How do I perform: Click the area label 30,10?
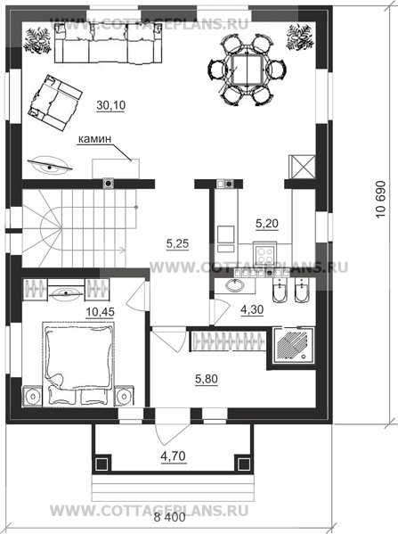111,105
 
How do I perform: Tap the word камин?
95,139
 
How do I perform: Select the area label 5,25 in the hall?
177,243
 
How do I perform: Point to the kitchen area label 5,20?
267,224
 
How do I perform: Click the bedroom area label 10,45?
100,312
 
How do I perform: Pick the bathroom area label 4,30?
252,310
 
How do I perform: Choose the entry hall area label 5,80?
207,379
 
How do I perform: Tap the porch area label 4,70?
174,456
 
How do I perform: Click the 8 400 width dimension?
170,518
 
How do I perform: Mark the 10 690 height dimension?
381,199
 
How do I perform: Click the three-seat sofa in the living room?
108,44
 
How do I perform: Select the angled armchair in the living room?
55,103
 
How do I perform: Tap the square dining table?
246,70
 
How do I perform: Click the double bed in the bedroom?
77,364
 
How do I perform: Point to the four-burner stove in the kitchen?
264,254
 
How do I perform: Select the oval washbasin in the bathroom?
235,285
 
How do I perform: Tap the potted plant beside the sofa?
37,40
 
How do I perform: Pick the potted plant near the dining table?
300,37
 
